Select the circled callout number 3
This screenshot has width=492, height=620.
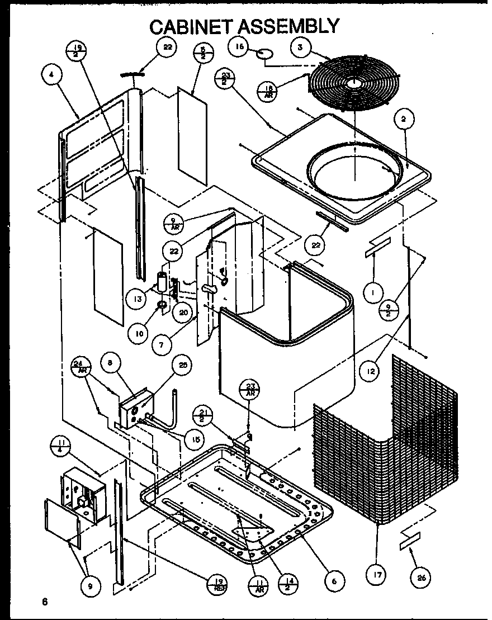300,48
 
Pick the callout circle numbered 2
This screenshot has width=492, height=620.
403,119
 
